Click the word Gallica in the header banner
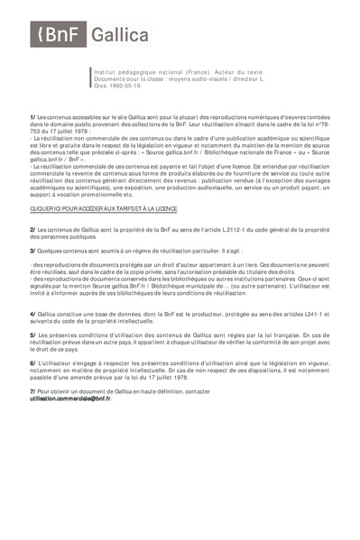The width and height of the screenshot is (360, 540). [x=108, y=36]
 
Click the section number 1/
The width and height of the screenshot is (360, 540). [x=32, y=117]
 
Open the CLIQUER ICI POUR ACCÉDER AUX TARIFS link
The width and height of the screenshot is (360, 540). [x=104, y=208]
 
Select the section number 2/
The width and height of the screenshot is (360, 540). [x=32, y=231]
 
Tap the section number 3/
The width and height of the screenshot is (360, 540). [x=32, y=251]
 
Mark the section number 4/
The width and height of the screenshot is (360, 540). [x=32, y=313]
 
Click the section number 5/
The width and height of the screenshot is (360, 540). [x=32, y=334]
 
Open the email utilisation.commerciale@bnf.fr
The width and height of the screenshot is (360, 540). [x=70, y=398]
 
